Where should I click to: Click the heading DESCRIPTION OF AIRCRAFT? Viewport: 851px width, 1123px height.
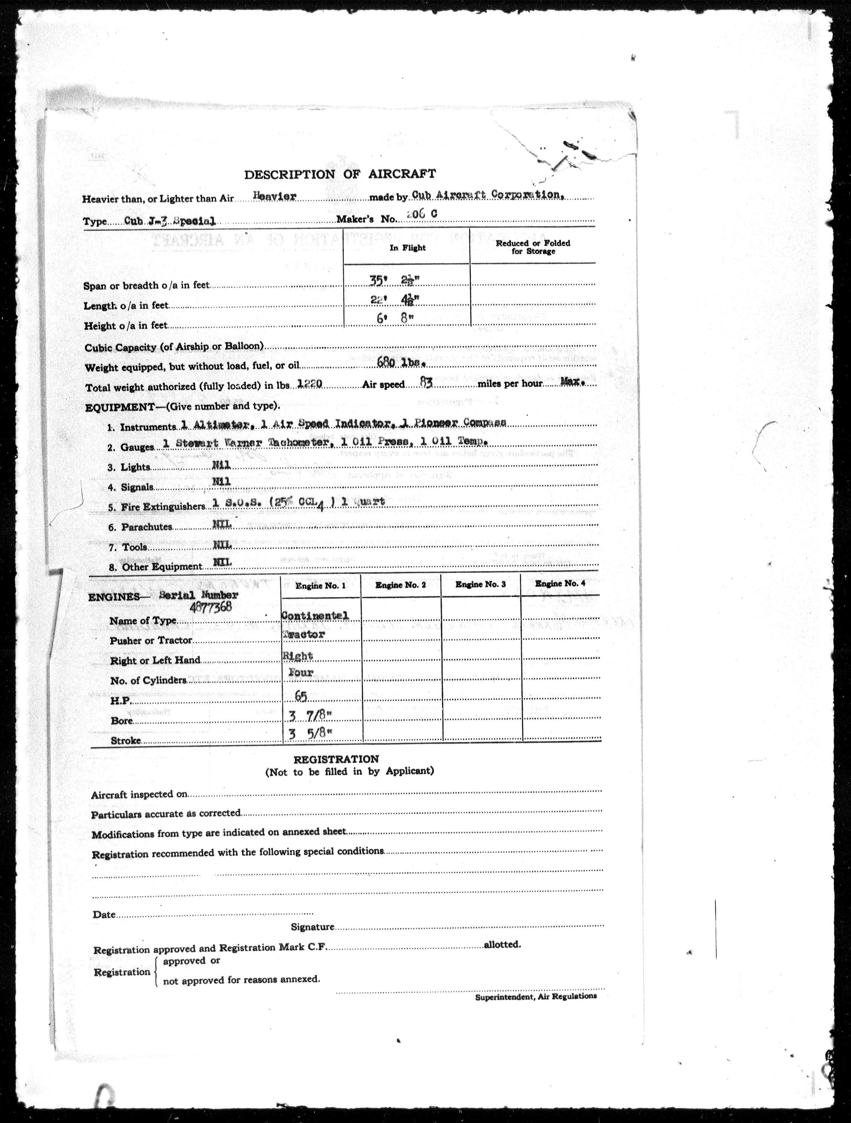340,174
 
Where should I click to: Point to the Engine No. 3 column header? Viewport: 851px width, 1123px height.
480,584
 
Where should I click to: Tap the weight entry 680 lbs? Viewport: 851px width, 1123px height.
401,363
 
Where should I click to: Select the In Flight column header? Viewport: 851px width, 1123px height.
408,248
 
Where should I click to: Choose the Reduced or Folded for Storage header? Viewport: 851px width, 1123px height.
533,247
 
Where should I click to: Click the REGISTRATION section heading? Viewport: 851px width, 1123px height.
336,759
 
